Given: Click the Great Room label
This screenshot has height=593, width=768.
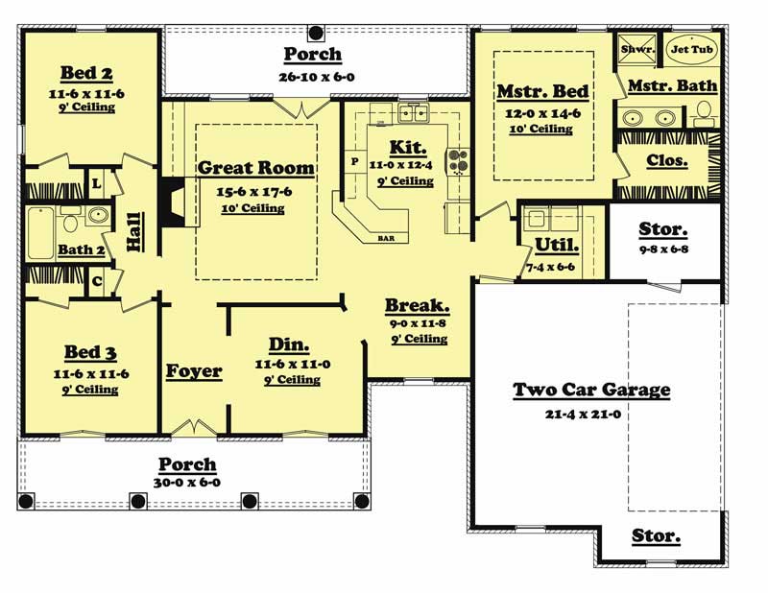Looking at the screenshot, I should (255, 168).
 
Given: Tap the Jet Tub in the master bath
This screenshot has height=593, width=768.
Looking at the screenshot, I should (690, 50).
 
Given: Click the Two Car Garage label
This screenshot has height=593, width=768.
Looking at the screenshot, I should (591, 390).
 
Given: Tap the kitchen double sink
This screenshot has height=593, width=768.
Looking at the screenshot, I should (414, 115).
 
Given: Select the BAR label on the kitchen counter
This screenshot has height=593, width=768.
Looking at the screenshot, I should (387, 236).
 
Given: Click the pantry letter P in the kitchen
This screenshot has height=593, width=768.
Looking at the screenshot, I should (354, 161).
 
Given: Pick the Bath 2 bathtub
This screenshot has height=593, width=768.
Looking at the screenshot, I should (41, 232).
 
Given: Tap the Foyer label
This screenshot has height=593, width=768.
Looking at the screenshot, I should (193, 371).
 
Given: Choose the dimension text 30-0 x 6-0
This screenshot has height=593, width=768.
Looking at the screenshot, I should (187, 482).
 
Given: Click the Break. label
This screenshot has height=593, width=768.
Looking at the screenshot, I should (418, 306).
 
